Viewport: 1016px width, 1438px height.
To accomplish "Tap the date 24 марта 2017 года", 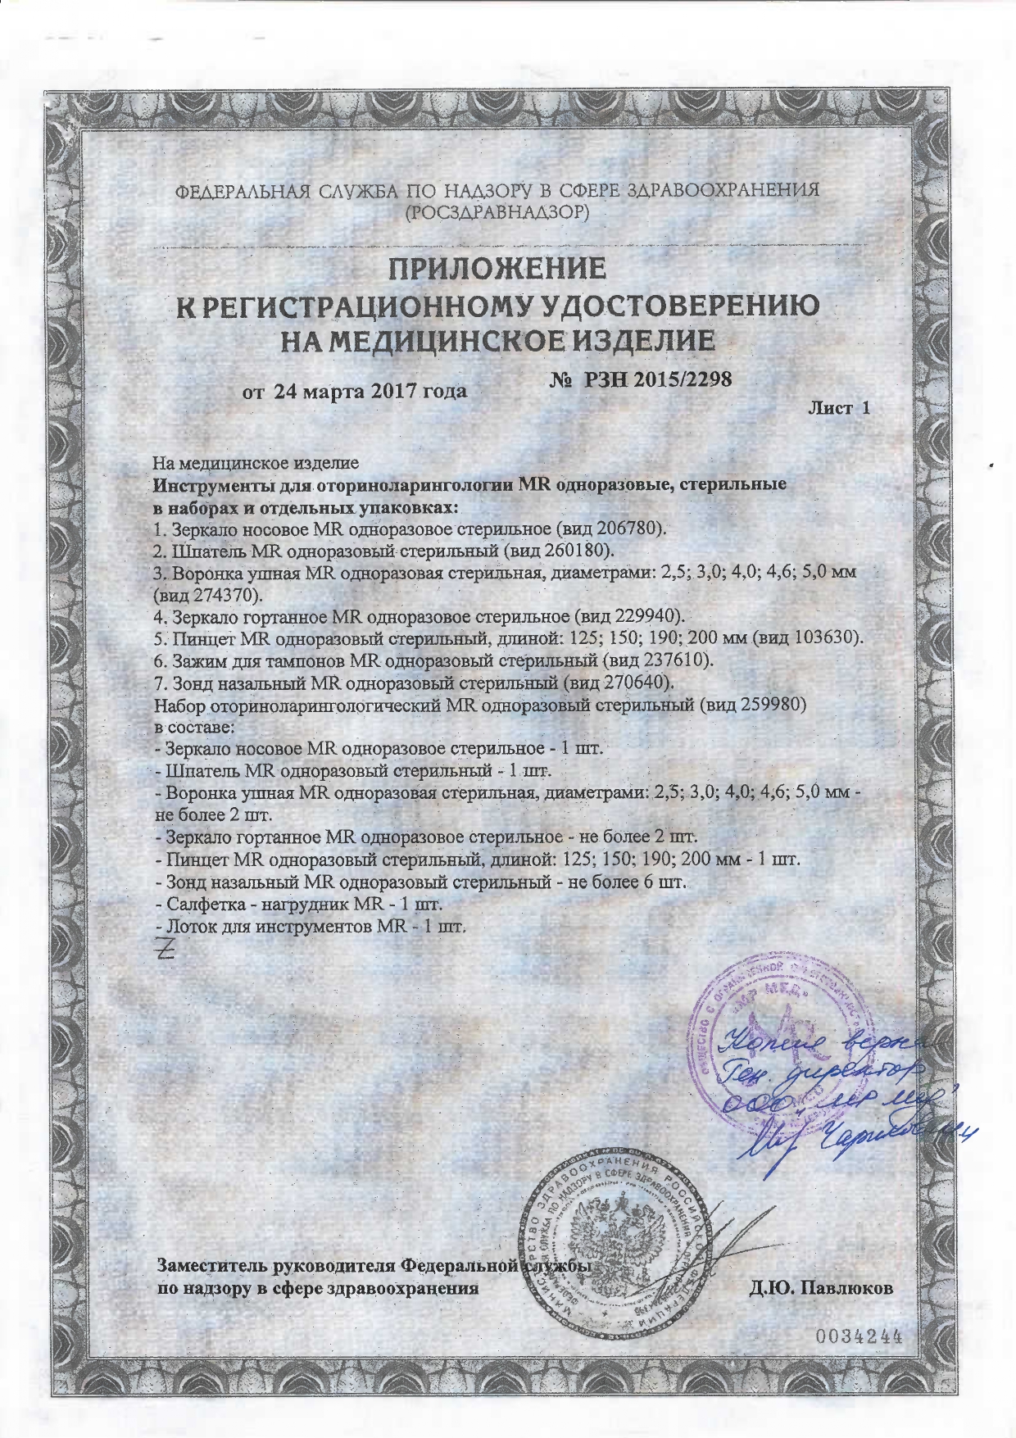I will click(370, 391).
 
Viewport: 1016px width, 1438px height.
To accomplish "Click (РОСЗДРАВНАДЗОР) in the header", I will click(498, 211).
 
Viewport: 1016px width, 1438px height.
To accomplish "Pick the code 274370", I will click(224, 592).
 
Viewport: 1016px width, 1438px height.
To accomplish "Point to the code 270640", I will click(642, 681).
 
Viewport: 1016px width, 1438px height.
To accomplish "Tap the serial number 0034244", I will click(858, 1336).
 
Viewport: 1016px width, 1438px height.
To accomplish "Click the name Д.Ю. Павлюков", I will click(821, 1286).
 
